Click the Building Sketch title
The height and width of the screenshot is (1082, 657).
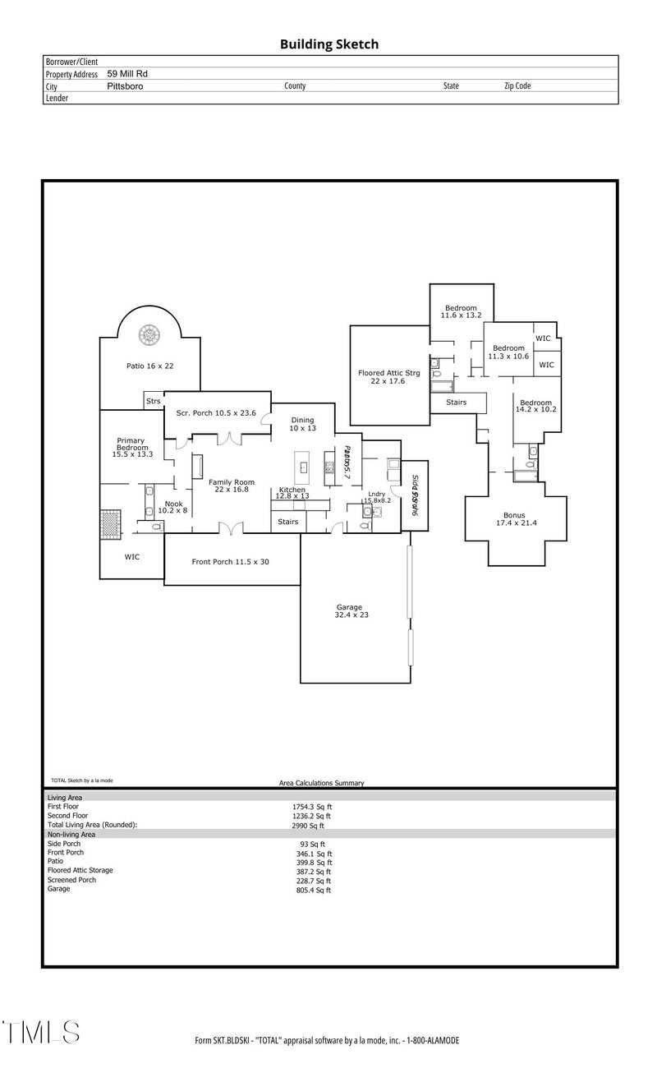[329, 44]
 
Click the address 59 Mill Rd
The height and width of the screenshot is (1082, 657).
[127, 74]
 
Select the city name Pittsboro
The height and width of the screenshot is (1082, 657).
[125, 85]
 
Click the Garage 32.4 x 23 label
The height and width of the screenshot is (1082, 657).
[348, 611]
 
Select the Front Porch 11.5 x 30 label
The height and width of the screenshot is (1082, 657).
[231, 562]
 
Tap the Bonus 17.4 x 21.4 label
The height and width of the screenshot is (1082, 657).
[515, 519]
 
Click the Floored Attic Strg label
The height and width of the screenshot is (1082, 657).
[389, 377]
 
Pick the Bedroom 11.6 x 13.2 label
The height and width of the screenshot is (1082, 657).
[461, 311]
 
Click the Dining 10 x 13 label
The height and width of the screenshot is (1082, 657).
[302, 424]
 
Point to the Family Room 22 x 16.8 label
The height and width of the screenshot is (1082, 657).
[231, 486]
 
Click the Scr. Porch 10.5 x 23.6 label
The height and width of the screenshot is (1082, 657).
[218, 412]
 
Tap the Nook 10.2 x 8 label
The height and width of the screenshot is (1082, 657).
[173, 507]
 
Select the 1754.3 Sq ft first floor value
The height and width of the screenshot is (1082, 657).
[306, 808]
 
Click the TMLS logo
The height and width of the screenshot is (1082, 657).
[41, 1032]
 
